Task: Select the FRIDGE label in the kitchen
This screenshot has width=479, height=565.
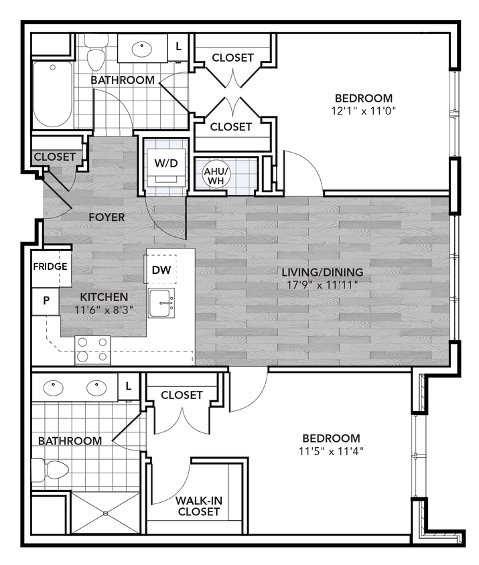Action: [50, 266]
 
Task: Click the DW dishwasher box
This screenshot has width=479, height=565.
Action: [160, 270]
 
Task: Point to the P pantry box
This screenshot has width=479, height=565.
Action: [46, 301]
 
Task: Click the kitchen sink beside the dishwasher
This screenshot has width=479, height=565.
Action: [161, 304]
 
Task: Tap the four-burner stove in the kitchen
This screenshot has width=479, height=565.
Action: [92, 349]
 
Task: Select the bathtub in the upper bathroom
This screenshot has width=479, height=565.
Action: [53, 94]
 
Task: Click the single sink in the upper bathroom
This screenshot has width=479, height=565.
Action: [141, 48]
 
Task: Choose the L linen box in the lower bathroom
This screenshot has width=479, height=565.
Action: [128, 386]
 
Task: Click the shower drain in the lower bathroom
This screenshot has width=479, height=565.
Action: [105, 513]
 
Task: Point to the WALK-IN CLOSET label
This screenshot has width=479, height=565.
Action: [198, 506]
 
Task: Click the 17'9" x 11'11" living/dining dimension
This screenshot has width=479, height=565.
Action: [322, 285]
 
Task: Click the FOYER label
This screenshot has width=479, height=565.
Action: [107, 217]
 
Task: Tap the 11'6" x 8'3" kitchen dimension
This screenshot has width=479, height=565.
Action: [104, 310]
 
